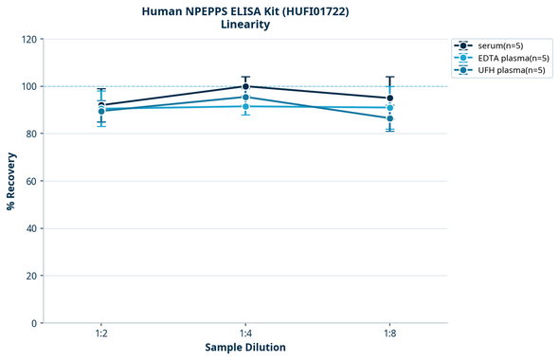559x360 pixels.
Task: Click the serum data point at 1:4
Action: [245, 86]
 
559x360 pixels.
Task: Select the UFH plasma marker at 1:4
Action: [245, 97]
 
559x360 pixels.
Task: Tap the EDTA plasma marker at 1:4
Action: [245, 106]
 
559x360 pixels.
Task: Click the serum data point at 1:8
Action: [390, 99]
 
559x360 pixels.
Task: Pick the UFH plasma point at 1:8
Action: [390, 118]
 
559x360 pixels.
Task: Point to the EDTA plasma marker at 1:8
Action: [390, 108]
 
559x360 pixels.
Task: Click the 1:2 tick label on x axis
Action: [101, 334]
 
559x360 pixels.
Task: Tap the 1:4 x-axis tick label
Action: [245, 334]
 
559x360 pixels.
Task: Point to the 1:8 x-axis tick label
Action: [390, 334]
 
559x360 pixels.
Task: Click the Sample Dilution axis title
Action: [245, 348]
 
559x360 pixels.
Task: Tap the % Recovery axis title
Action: [10, 180]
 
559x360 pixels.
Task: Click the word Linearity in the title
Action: [245, 25]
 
